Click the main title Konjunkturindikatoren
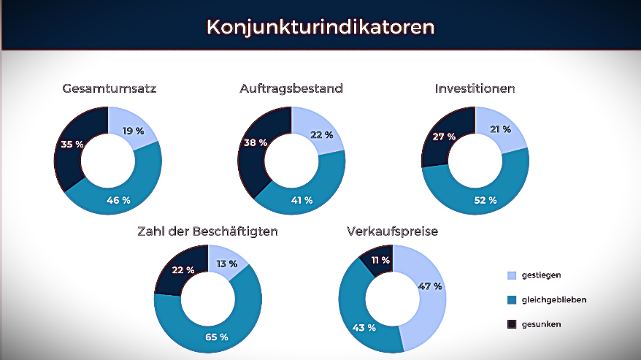coord(320,27)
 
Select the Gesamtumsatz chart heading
coord(110,89)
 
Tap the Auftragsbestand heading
coord(291,89)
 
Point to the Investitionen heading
coord(475,89)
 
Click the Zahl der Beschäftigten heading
coord(207,232)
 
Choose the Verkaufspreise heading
coord(392,232)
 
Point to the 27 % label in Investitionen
coord(443,137)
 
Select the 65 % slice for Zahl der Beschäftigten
coord(217,337)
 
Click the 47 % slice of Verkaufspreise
coord(431,286)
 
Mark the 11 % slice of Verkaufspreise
coord(380,260)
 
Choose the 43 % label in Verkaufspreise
coord(363,327)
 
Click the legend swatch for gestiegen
coord(512,275)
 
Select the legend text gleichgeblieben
coord(559,299)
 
